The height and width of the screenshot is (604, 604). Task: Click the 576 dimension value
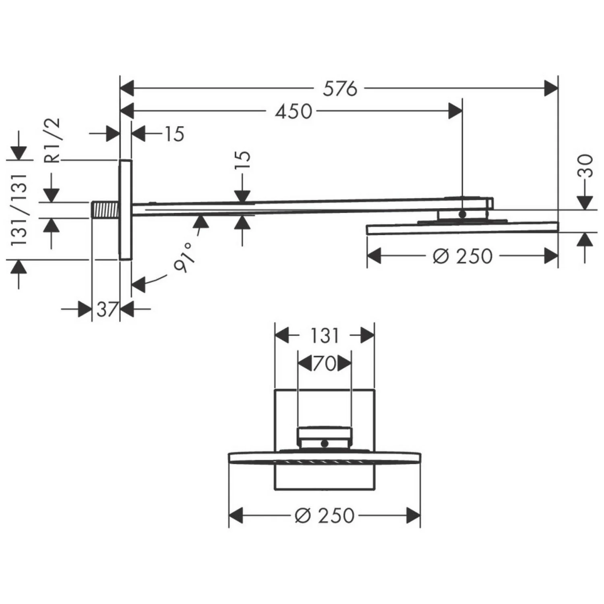pyautogui.click(x=340, y=89)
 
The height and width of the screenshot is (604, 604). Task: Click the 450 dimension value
pyautogui.click(x=294, y=111)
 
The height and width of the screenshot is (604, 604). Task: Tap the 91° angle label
pyautogui.click(x=184, y=258)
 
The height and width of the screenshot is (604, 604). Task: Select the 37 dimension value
pyautogui.click(x=106, y=309)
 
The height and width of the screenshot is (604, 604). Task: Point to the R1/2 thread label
pyautogui.click(x=53, y=140)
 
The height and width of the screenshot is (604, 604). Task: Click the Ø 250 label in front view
pyautogui.click(x=325, y=515)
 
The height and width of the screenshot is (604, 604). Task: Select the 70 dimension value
pyautogui.click(x=325, y=364)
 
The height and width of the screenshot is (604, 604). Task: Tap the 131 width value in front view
pyautogui.click(x=325, y=335)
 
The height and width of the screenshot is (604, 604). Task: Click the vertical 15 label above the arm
pyautogui.click(x=243, y=162)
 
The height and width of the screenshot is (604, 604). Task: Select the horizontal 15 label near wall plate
pyautogui.click(x=174, y=134)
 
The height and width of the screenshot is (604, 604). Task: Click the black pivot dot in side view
pyautogui.click(x=462, y=214)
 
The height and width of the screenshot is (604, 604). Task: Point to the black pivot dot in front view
pyautogui.click(x=325, y=444)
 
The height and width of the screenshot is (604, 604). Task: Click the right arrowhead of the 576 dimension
pyautogui.click(x=551, y=89)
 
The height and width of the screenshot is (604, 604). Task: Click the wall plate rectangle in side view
pyautogui.click(x=125, y=209)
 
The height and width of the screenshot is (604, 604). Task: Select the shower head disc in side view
pyautogui.click(x=462, y=228)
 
